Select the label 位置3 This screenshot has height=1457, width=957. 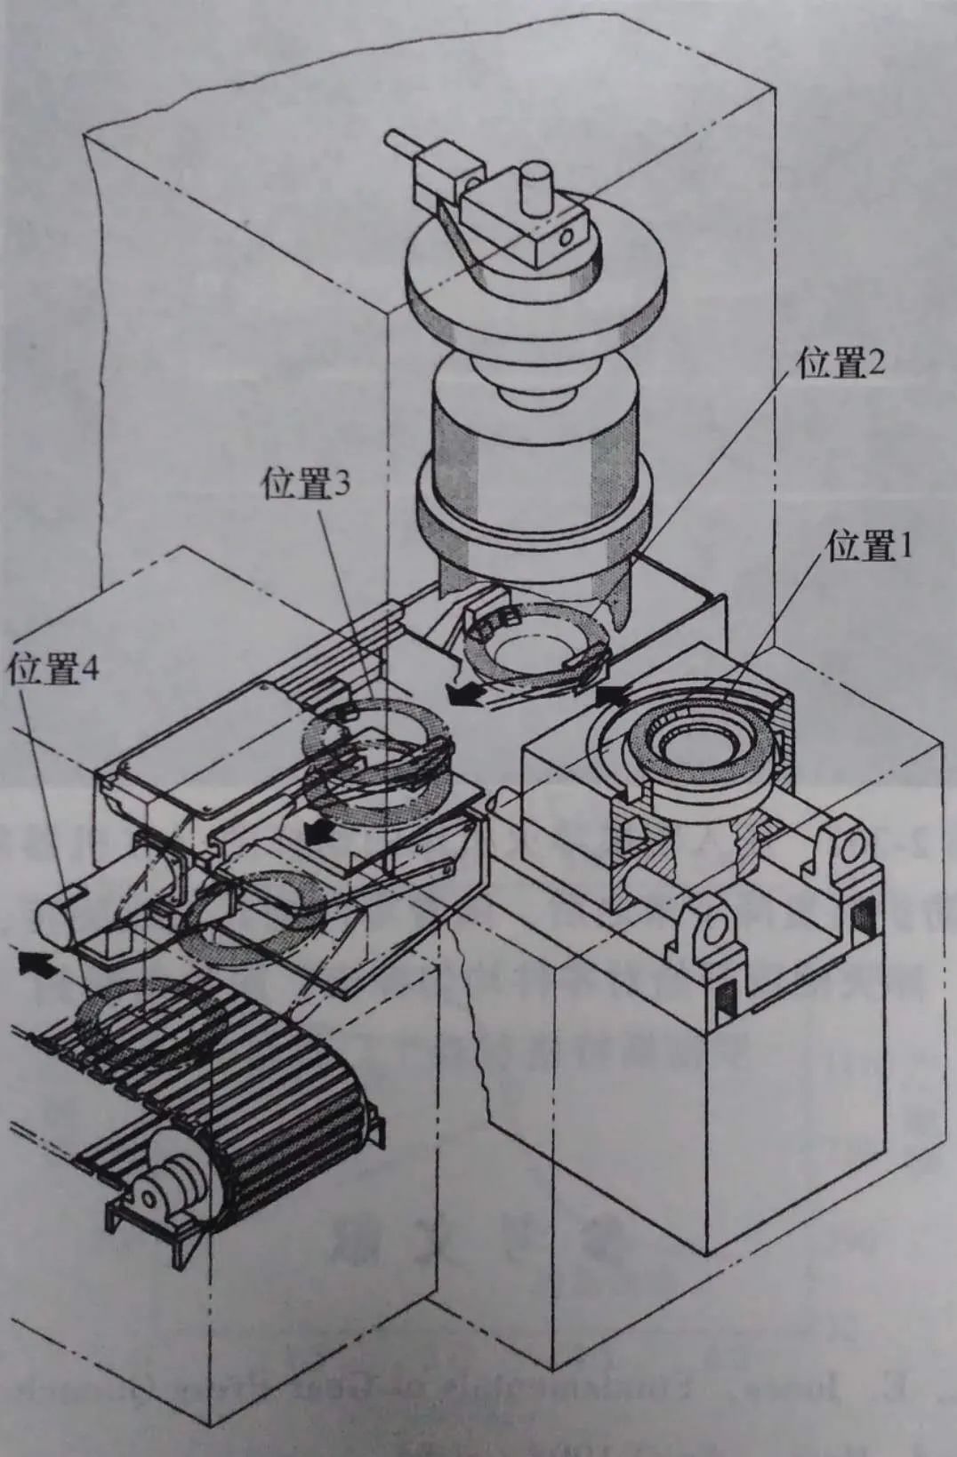pyautogui.click(x=307, y=485)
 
